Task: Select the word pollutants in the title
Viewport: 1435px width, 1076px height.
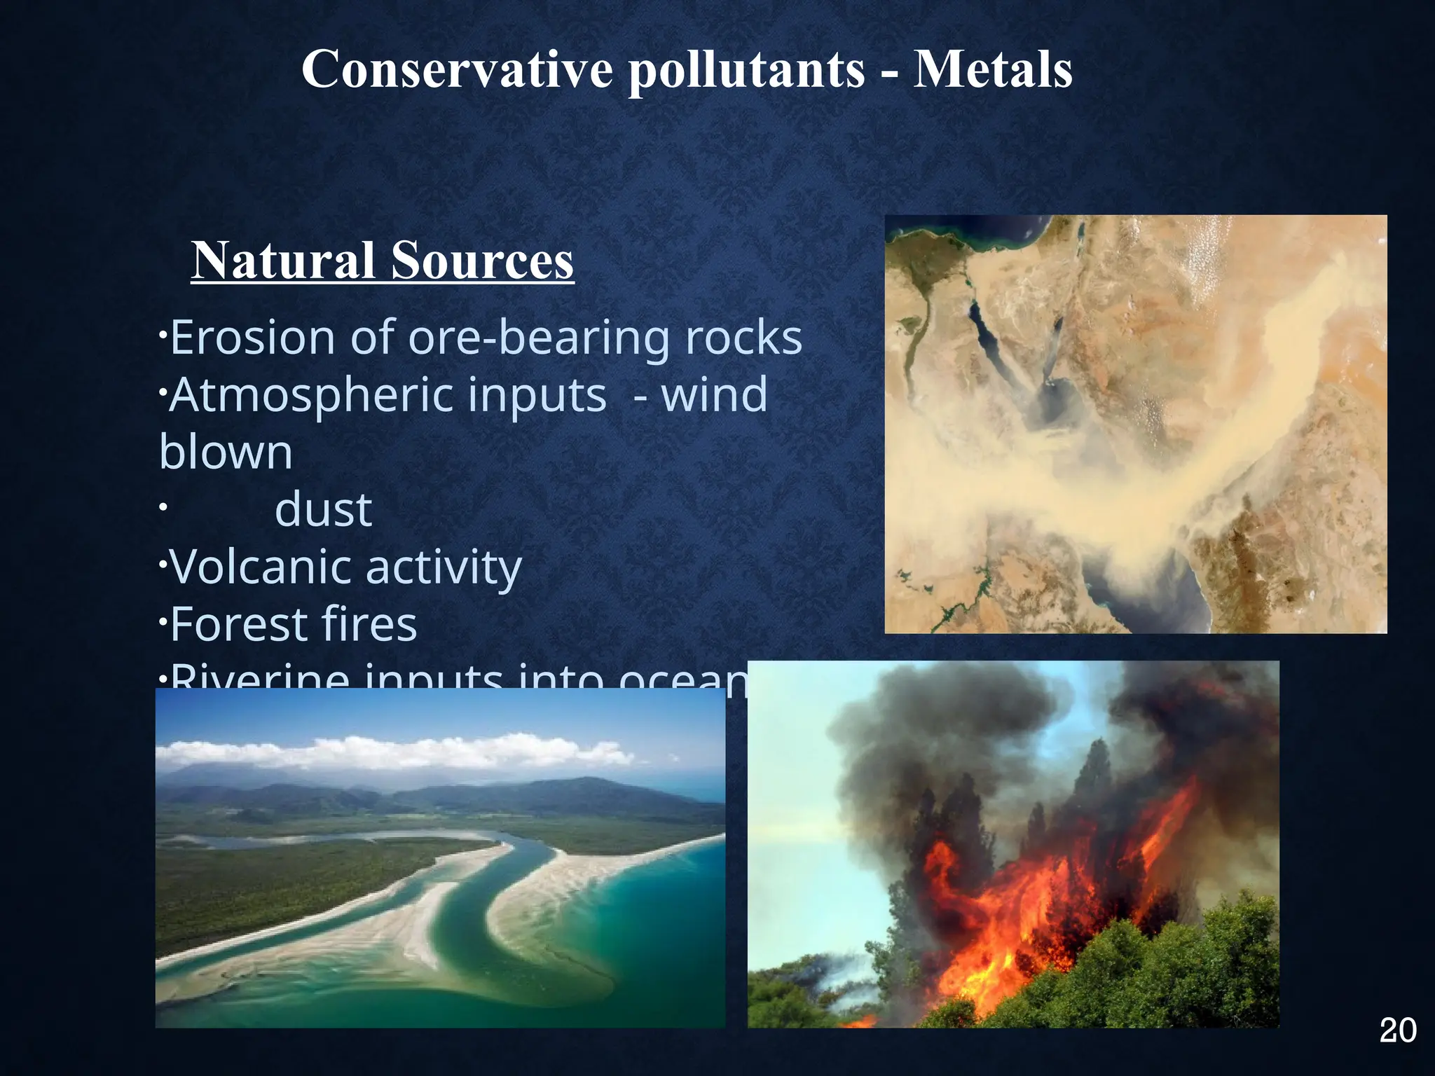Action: coord(746,71)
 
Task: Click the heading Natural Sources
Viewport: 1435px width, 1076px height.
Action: coord(383,261)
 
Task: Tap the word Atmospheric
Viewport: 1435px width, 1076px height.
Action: coord(387,396)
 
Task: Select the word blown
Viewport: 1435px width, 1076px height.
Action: coord(226,453)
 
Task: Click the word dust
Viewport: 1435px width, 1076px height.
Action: coord(323,510)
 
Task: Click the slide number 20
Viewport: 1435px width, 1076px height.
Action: coord(1397,1030)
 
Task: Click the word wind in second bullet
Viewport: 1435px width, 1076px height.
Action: coord(714,395)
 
